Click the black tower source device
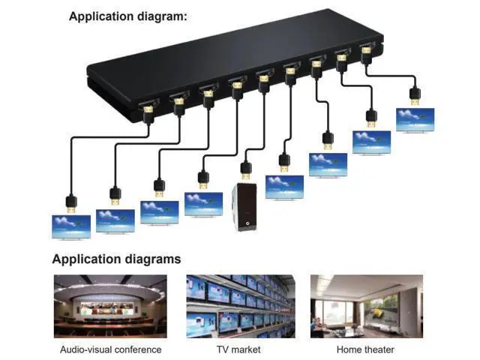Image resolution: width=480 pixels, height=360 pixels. (x=244, y=207)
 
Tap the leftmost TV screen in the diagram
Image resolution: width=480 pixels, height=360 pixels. (x=71, y=226)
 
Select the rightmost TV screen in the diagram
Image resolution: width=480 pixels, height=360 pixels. (x=415, y=120)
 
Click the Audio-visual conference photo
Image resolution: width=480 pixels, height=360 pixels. (x=110, y=307)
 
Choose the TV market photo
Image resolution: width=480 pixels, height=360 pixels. (x=241, y=307)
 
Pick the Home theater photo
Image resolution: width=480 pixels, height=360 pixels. (x=367, y=307)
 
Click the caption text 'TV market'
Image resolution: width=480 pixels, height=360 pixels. (x=238, y=349)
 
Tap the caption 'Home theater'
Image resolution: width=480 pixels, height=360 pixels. (x=365, y=349)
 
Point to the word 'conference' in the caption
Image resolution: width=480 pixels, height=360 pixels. (x=136, y=349)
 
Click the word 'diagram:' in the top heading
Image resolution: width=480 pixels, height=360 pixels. (x=162, y=16)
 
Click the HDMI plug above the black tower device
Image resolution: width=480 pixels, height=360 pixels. (x=246, y=171)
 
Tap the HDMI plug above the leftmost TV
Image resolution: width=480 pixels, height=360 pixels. (x=71, y=204)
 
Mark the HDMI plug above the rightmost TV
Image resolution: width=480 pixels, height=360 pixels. (x=415, y=97)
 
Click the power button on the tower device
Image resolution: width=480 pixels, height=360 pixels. (x=247, y=223)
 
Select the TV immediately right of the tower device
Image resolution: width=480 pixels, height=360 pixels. (x=284, y=187)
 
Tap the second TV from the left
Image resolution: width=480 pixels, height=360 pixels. (x=115, y=221)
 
